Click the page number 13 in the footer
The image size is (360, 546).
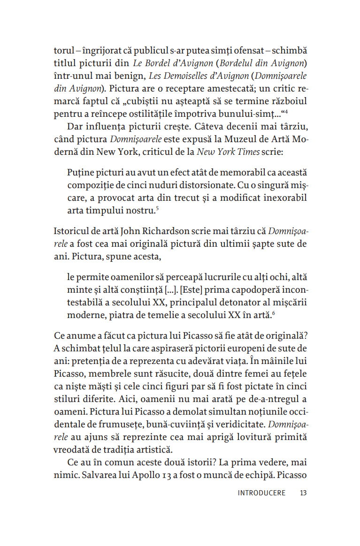[303, 493]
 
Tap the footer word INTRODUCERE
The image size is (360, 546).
[261, 493]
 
